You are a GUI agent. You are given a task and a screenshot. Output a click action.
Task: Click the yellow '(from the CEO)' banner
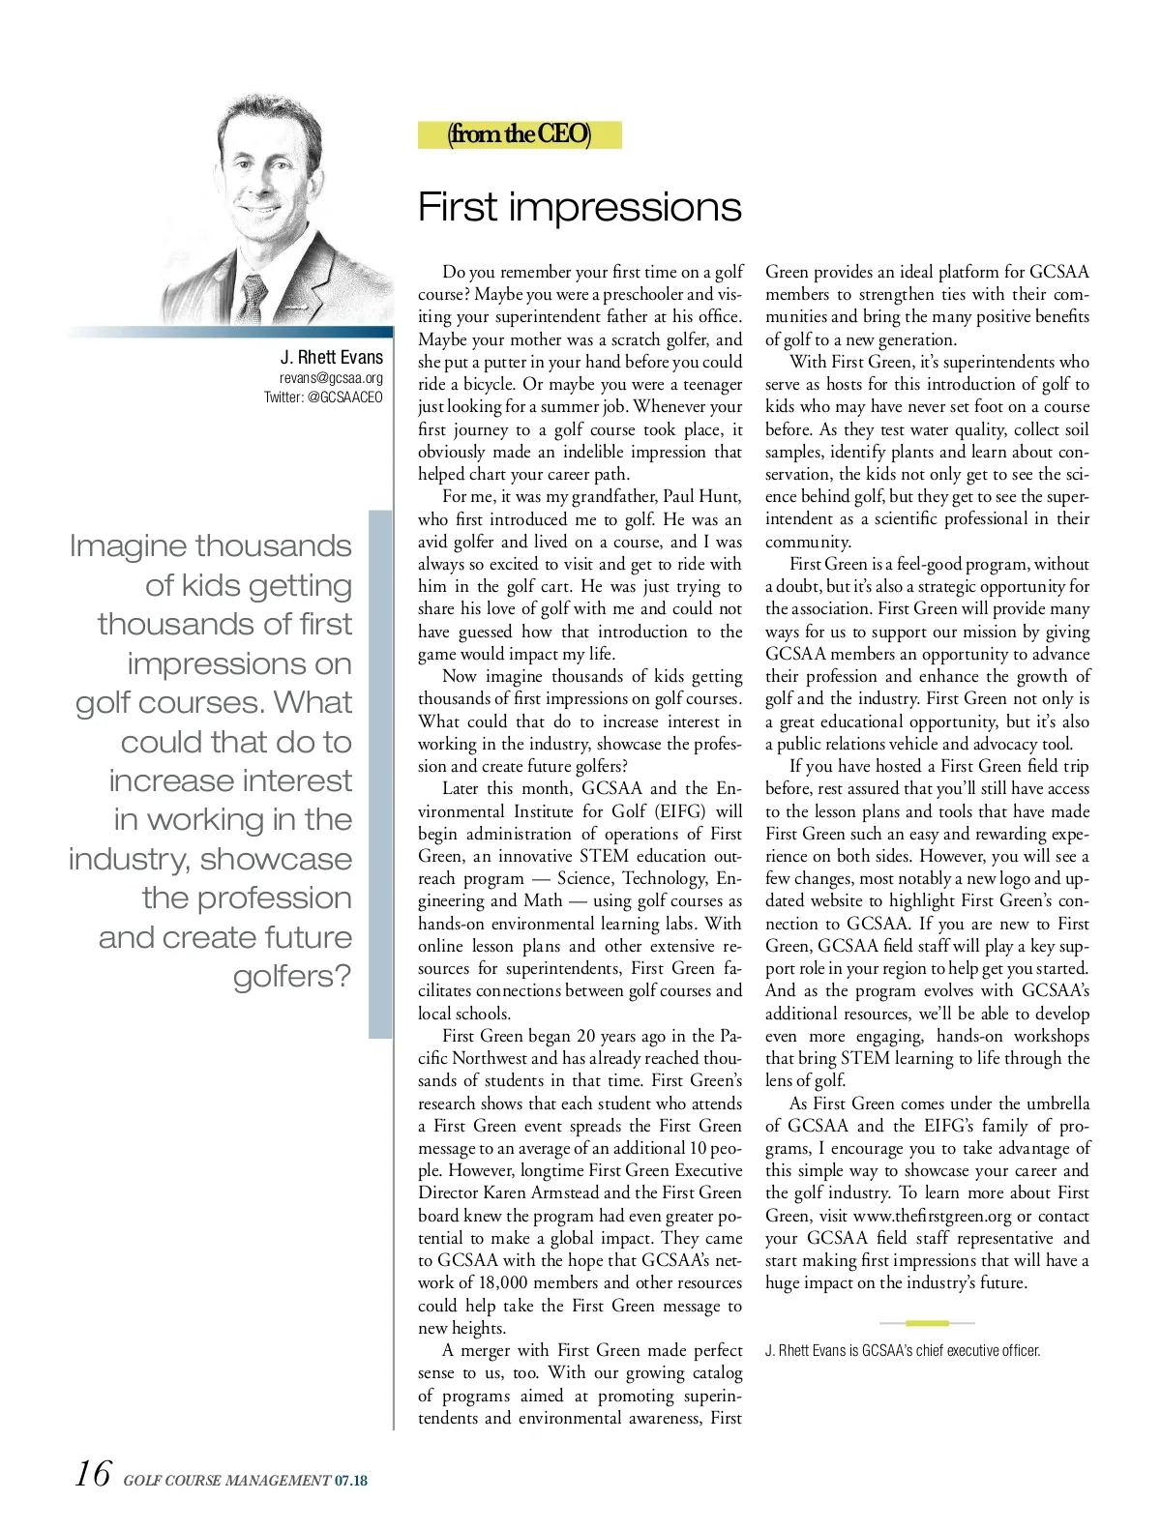pyautogui.click(x=520, y=133)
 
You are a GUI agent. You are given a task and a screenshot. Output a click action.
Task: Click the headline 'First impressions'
pyautogui.click(x=580, y=207)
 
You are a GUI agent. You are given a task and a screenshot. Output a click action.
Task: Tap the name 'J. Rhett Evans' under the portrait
pyautogui.click(x=331, y=357)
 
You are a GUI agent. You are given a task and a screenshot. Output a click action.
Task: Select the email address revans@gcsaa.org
pyautogui.click(x=331, y=378)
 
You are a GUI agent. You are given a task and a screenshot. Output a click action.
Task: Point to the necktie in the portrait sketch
pyautogui.click(x=254, y=295)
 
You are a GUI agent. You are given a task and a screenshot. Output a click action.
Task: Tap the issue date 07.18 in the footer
pyautogui.click(x=351, y=1481)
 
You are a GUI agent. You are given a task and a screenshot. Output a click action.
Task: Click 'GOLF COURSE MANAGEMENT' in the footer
pyautogui.click(x=226, y=1481)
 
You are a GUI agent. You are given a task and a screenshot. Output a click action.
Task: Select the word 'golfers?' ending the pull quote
pyautogui.click(x=292, y=976)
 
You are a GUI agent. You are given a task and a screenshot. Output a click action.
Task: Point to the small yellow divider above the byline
pyautogui.click(x=927, y=1322)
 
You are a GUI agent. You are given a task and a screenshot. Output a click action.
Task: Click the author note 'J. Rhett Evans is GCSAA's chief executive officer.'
pyautogui.click(x=903, y=1351)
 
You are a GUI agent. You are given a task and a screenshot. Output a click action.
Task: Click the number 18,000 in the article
pyautogui.click(x=503, y=1283)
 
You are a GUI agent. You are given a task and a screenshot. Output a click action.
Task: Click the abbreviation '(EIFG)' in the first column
pyautogui.click(x=682, y=811)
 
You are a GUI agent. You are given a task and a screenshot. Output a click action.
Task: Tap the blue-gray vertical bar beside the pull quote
pyautogui.click(x=380, y=774)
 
